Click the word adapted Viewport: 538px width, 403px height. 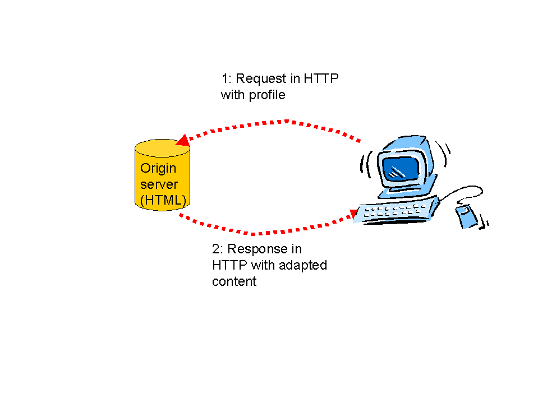pos(302,266)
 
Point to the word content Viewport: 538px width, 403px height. pos(234,282)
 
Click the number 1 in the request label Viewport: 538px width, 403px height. pos(225,79)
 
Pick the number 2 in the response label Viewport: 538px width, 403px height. pos(215,249)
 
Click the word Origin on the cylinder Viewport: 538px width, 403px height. pos(158,169)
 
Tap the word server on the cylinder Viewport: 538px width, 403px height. pos(159,185)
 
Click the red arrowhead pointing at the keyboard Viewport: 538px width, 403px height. pos(353,214)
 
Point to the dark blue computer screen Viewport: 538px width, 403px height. pos(401,169)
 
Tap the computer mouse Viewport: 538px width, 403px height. pos(467,216)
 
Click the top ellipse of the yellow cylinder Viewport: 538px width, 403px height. pos(162,148)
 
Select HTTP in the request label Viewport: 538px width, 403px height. pos(321,79)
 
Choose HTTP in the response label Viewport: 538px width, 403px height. pos(229,265)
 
